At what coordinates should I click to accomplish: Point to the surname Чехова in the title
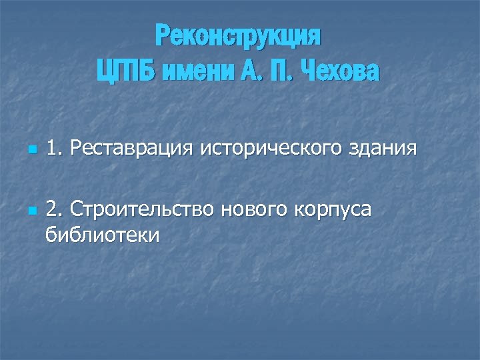341,70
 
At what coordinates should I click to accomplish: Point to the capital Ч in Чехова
309,70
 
